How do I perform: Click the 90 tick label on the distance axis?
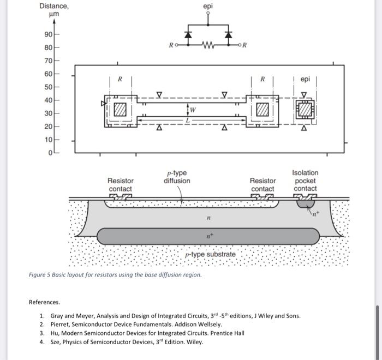(x=48, y=34)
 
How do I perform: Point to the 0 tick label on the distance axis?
(x=50, y=153)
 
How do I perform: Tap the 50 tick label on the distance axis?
(x=48, y=87)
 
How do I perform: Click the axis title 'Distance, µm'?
(x=54, y=10)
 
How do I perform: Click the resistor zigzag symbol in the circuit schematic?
(x=208, y=45)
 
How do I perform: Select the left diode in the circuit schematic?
(x=188, y=35)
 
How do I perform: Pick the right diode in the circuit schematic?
(x=228, y=35)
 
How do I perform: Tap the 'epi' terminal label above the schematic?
(x=208, y=7)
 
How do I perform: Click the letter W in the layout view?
(x=193, y=110)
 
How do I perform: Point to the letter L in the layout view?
(x=188, y=121)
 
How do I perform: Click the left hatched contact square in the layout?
(x=120, y=110)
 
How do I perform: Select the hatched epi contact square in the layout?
(x=305, y=110)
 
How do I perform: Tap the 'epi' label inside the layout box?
(x=305, y=79)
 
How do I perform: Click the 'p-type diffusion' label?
(x=177, y=177)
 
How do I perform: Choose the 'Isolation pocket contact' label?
(x=305, y=181)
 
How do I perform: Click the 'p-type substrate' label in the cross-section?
(x=211, y=255)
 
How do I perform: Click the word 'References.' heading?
(x=44, y=302)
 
